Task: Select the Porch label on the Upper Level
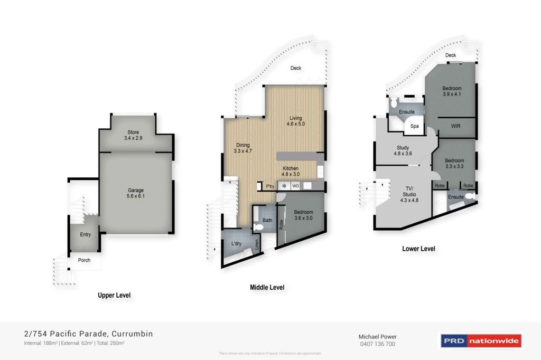tap(84, 260)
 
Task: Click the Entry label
tap(85, 234)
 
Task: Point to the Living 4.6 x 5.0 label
tap(296, 121)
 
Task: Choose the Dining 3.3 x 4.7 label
tap(242, 148)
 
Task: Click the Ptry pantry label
tap(270, 186)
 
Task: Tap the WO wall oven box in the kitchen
tap(295, 186)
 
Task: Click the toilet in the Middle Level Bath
tap(258, 227)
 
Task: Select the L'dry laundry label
tap(237, 243)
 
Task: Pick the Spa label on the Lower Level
tap(415, 127)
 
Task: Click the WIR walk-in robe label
tap(456, 126)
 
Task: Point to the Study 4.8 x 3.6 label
tap(403, 151)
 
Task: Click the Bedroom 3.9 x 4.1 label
tap(452, 91)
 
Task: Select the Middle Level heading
tap(267, 288)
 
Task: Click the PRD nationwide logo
tap(480, 340)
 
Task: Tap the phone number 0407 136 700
tap(377, 344)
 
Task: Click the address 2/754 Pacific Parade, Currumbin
tap(89, 334)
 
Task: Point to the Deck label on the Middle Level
tap(295, 68)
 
